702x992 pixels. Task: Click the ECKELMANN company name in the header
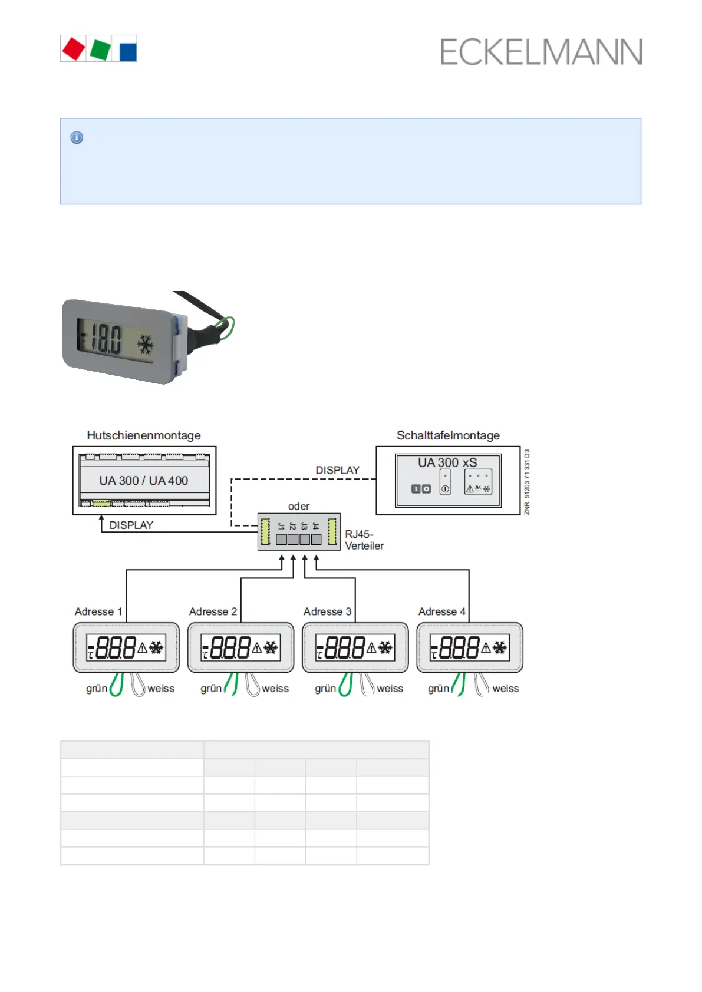click(x=540, y=52)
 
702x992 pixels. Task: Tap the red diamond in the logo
click(x=74, y=49)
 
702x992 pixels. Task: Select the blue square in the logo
click(x=128, y=51)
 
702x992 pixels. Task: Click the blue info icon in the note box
click(x=77, y=137)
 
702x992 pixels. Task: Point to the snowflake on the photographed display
click(x=146, y=345)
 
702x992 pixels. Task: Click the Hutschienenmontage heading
click(x=144, y=435)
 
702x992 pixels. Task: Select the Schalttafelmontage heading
click(x=448, y=435)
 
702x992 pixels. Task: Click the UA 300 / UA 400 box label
click(x=143, y=481)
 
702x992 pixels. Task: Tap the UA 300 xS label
click(x=447, y=463)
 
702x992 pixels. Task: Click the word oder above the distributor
click(x=299, y=506)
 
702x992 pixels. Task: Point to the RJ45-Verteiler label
click(x=364, y=540)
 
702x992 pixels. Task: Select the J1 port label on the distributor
click(x=281, y=525)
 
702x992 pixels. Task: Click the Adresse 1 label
click(x=98, y=611)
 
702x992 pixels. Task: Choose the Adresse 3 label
click(x=327, y=611)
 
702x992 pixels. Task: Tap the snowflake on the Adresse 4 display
click(x=500, y=648)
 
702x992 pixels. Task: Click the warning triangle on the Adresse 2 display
click(x=257, y=648)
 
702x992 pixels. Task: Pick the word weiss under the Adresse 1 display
click(x=161, y=689)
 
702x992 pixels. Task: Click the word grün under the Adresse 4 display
click(x=439, y=689)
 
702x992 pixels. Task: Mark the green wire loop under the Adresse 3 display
click(x=346, y=685)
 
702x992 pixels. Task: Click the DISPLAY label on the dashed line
click(x=337, y=470)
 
